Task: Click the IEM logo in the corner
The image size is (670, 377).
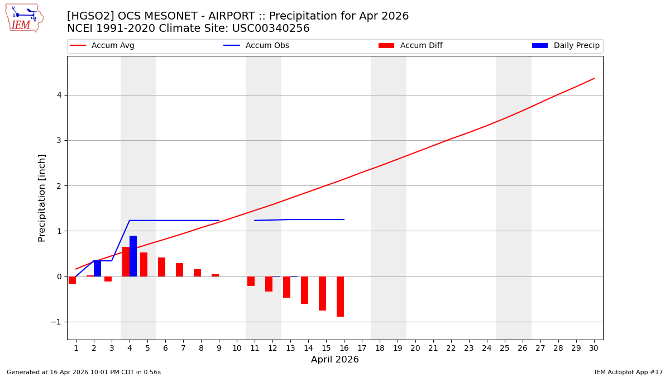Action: coord(24,18)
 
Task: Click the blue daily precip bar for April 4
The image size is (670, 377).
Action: coord(133,256)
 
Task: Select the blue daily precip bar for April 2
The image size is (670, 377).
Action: coord(97,268)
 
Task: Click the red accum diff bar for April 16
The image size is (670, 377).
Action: coord(340,297)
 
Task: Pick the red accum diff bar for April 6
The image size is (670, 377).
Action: coord(161,267)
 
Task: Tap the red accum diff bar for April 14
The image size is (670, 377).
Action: coord(304,290)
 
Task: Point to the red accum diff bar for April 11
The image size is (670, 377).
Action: coord(251,281)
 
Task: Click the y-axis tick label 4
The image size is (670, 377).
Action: coord(58,95)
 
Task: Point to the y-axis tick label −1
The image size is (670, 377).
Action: coord(56,322)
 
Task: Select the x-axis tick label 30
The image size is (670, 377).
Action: coord(594,348)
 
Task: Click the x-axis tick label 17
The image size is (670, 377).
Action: coord(361,348)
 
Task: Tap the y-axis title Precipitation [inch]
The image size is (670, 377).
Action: coord(42,198)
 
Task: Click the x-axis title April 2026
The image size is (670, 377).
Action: coord(334,360)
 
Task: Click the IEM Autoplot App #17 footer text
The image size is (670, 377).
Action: coord(628,372)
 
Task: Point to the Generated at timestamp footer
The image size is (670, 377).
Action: coord(84,372)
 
